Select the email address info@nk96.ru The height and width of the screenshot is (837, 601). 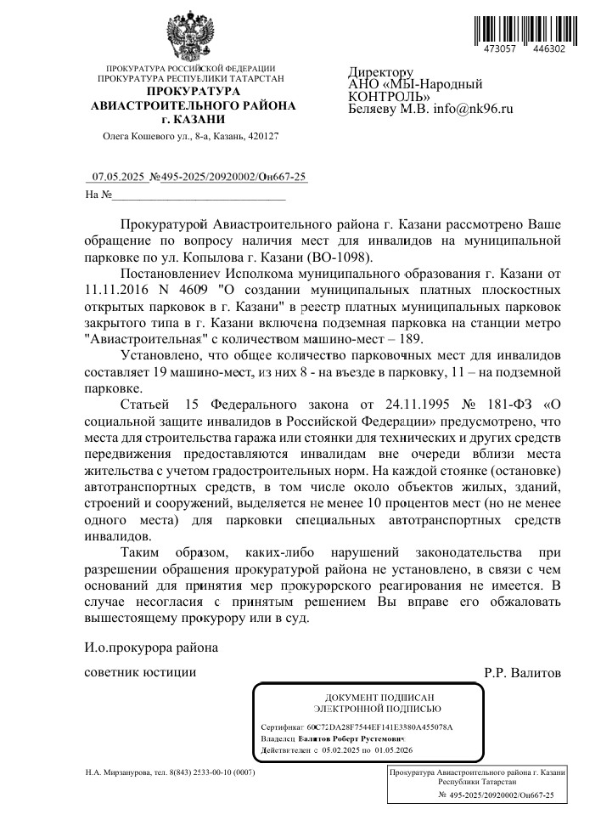pyautogui.click(x=474, y=109)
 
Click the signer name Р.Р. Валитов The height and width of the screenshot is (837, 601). pyautogui.click(x=522, y=673)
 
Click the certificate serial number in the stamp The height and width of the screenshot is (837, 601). pyautogui.click(x=379, y=728)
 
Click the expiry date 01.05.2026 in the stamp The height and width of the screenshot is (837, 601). pyautogui.click(x=391, y=751)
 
